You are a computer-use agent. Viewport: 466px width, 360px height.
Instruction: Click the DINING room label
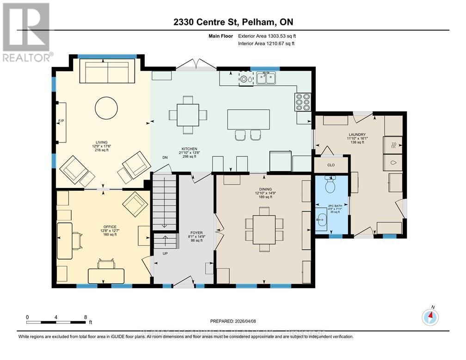point(265,189)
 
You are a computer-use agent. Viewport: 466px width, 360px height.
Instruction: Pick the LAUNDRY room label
point(357,134)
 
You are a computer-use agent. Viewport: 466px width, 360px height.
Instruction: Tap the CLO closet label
point(331,165)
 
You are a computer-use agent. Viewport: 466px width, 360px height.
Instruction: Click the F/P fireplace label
point(60,121)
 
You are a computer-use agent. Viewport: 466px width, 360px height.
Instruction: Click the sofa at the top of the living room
point(108,71)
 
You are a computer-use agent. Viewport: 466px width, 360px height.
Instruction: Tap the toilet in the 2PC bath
point(331,186)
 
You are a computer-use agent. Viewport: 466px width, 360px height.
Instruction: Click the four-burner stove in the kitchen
point(303,102)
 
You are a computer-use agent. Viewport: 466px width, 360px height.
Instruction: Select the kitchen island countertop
point(245,119)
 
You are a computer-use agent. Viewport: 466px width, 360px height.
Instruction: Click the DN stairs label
point(165,158)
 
